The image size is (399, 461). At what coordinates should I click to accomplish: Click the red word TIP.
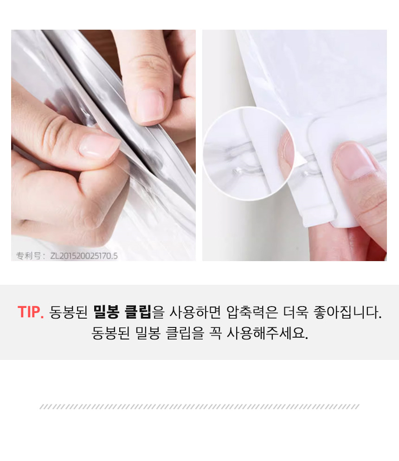31,312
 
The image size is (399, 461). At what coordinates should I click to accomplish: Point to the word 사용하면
195,312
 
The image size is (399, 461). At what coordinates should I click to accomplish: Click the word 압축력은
252,312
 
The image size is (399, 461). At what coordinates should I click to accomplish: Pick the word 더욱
296,312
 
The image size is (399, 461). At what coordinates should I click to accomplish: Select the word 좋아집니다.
348,312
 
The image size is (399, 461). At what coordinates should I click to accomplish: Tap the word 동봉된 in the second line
110,333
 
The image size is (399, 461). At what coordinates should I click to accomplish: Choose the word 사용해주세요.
267,333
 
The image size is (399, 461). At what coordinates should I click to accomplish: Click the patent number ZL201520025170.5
84,256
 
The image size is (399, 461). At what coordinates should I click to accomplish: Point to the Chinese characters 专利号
28,256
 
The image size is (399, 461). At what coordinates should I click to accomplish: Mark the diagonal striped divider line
199,407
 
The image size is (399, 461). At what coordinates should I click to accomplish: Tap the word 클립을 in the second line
185,333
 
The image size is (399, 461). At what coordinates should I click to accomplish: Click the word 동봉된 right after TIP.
69,312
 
